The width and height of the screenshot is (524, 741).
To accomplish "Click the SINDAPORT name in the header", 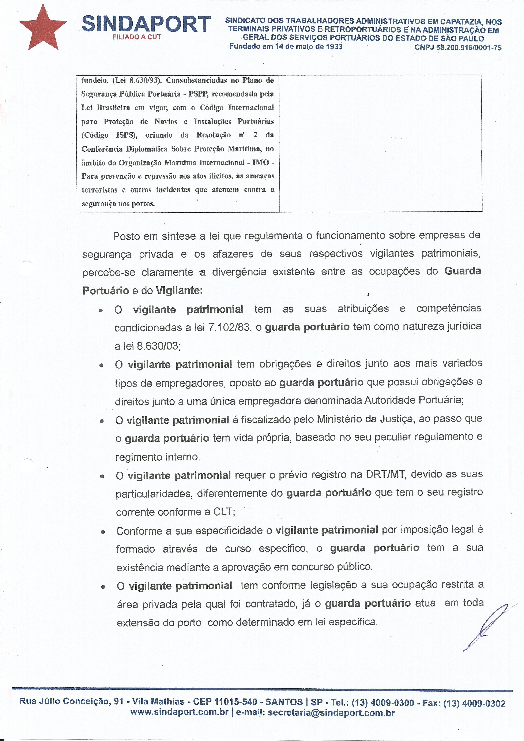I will [147, 25].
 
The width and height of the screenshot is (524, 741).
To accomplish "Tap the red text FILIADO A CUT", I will [136, 37].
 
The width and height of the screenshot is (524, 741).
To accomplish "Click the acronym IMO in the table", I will [261, 162].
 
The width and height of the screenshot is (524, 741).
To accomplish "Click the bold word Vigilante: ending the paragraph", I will [179, 291].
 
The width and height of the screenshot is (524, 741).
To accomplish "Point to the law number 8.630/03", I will [158, 346].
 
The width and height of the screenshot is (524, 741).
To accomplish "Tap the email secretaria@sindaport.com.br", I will [331, 713].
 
